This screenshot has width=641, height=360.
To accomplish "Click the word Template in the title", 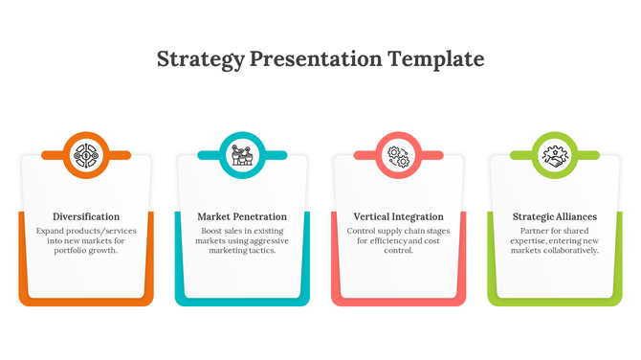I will [436, 59].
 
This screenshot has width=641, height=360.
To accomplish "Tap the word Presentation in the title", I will [316, 59].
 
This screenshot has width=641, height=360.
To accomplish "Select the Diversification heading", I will [86, 216].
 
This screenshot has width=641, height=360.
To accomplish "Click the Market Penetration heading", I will [242, 216].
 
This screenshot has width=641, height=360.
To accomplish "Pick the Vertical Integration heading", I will [398, 216].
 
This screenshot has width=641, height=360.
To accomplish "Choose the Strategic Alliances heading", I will [555, 216].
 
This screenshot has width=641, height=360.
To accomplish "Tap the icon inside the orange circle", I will [86, 154].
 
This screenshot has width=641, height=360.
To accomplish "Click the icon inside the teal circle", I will [242, 154].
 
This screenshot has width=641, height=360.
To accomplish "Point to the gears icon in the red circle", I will [398, 154].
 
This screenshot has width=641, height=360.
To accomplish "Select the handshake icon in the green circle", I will [555, 154].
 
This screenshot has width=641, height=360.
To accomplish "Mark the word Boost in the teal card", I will [212, 231].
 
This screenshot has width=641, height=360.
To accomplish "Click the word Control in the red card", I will [364, 231].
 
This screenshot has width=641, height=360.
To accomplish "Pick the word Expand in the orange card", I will [52, 231].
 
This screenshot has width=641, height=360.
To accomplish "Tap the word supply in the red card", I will [397, 231].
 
